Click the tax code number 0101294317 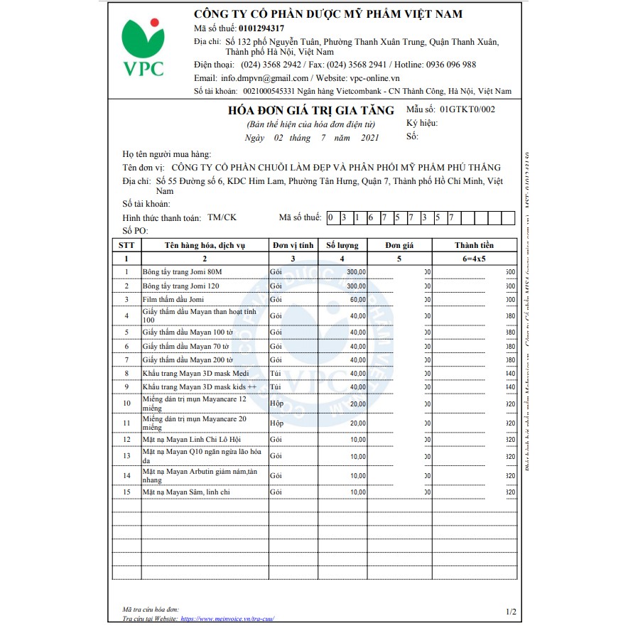coord(261,28)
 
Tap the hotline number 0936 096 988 coord(451,65)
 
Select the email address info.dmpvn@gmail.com coord(264,78)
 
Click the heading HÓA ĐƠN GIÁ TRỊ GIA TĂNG coord(310,110)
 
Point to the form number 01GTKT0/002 coord(467,109)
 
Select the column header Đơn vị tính coord(293,245)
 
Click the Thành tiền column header coord(475,245)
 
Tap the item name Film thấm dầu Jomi coord(173,299)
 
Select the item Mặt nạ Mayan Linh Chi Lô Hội coord(191,440)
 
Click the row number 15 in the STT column coord(126,492)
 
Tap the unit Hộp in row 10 coord(276,404)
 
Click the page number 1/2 coord(511,611)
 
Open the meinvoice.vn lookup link coord(227,619)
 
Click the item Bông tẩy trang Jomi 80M coord(182,272)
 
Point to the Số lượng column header coord(342,245)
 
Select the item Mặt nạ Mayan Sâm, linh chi coord(185,492)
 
